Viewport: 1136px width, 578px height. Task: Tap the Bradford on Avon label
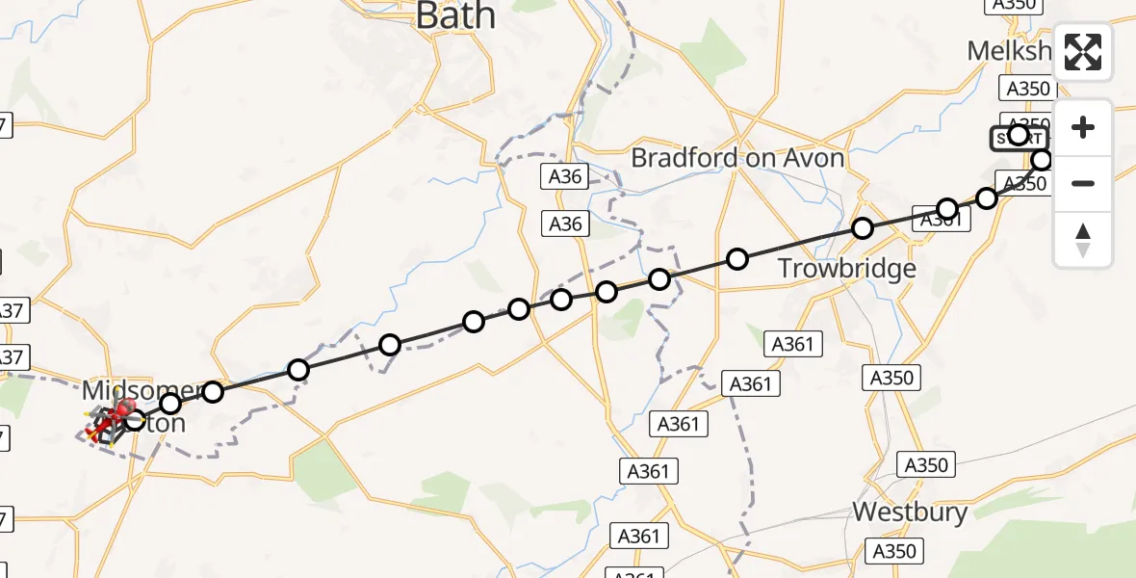[x=737, y=158]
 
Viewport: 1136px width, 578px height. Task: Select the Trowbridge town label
[x=846, y=268]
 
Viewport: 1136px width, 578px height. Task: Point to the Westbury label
[x=910, y=512]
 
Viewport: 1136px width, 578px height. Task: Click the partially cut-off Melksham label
[x=1008, y=50]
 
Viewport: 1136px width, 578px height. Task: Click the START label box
[x=1019, y=139]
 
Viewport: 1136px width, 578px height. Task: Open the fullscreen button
[x=1083, y=52]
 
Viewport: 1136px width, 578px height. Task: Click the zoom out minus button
[x=1083, y=183]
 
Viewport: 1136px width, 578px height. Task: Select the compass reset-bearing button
[x=1083, y=239]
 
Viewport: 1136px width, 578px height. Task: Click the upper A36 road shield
[x=565, y=176]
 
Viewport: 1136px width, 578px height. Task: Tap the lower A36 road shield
[x=565, y=224]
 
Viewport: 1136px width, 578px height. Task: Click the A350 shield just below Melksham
[x=1027, y=89]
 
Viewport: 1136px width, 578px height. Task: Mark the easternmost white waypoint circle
[x=1042, y=160]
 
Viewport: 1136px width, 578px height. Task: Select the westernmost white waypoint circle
[x=135, y=419]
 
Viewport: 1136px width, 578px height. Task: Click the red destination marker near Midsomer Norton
[x=123, y=411]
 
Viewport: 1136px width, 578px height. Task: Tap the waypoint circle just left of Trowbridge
[x=737, y=258]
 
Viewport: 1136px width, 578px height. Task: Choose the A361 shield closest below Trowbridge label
[x=793, y=344]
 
